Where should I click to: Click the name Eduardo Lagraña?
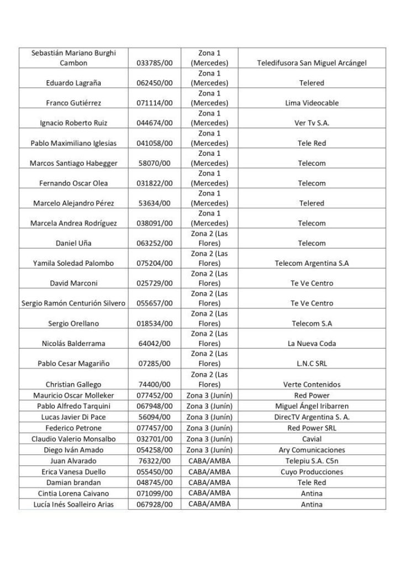tap(74, 83)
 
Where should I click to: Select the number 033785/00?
tap(154, 64)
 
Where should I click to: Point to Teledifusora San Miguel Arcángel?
tap(312, 64)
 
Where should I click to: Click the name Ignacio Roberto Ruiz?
tap(74, 123)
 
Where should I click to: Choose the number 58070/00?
tap(154, 164)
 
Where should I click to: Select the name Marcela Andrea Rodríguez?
tap(74, 223)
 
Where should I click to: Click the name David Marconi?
tap(74, 284)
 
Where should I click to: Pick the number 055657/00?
tap(154, 303)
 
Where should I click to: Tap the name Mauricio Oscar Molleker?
tap(74, 396)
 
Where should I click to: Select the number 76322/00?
tap(154, 460)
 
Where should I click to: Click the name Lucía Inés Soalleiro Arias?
tap(74, 504)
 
